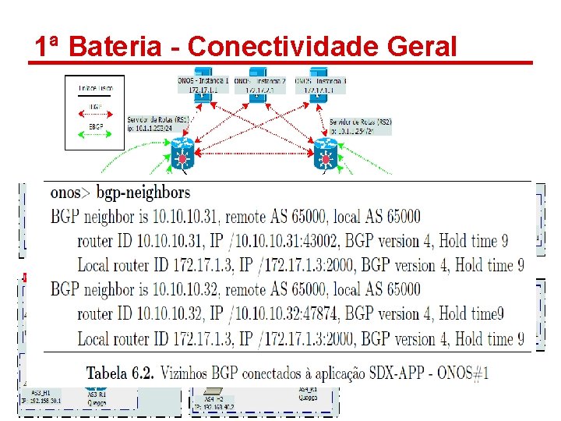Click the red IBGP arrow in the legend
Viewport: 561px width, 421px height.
coord(95,115)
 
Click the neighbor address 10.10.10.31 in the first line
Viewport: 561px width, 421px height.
coord(186,216)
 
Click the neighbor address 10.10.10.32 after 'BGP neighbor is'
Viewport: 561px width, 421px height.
coord(186,289)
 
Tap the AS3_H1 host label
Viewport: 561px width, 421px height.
coord(43,393)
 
